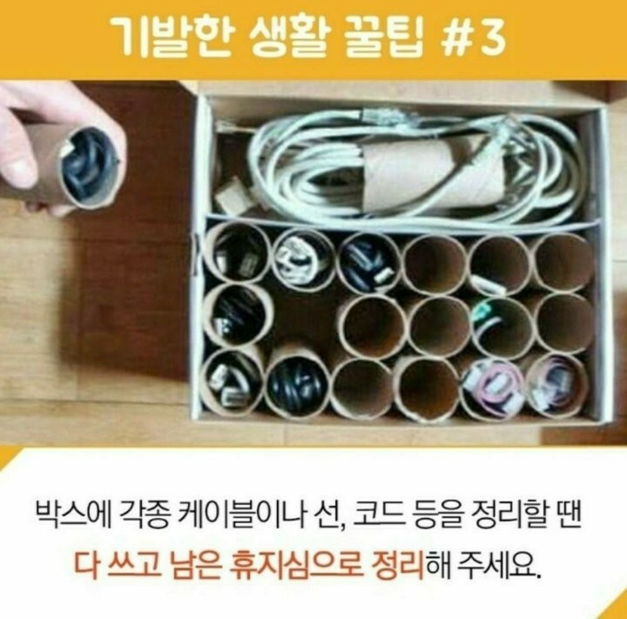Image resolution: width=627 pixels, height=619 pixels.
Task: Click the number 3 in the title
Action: coord(492,38)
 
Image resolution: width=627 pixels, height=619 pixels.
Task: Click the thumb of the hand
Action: coord(16,167)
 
